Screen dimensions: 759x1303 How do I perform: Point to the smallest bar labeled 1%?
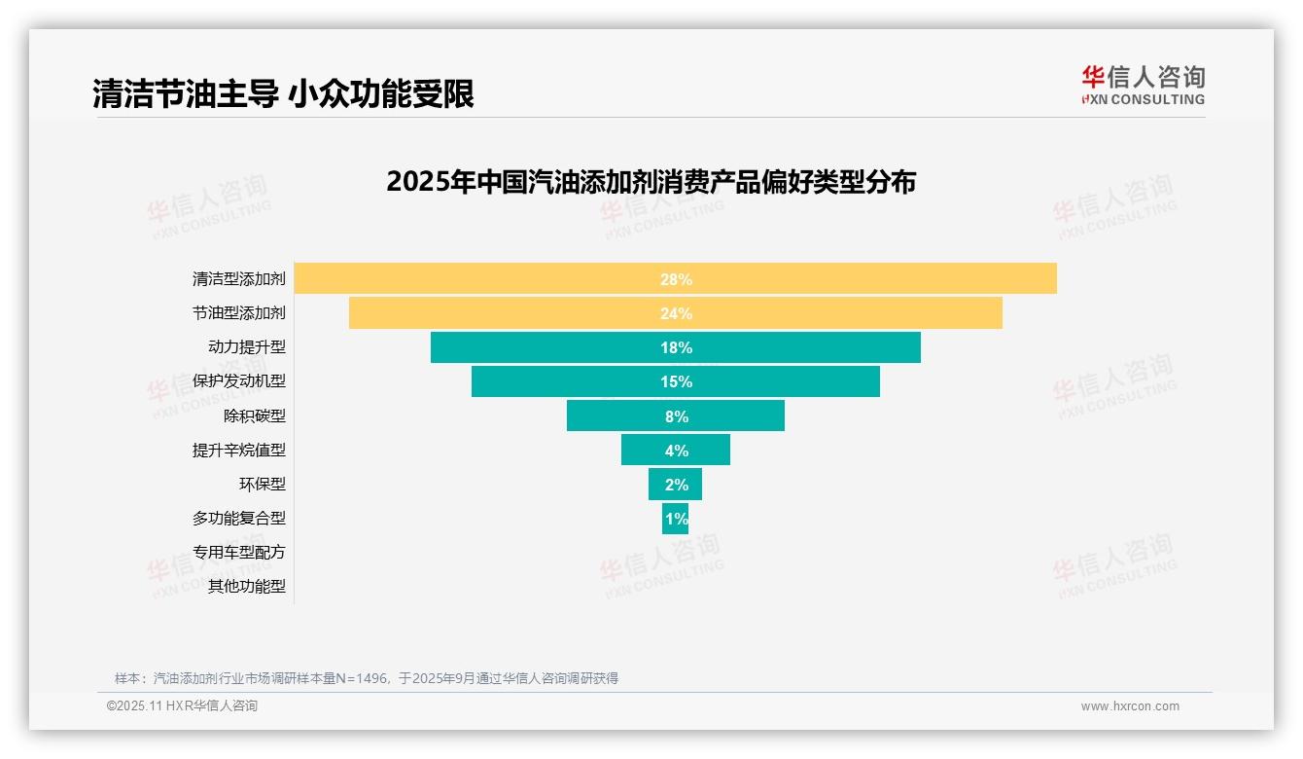[676, 519]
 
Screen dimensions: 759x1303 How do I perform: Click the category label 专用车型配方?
[239, 552]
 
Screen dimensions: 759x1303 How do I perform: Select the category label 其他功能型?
[247, 586]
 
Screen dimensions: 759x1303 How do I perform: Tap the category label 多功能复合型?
[239, 518]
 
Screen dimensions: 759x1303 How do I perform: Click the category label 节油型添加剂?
[239, 313]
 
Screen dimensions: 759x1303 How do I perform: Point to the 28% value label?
[676, 279]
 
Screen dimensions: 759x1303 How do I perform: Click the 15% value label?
[676, 381]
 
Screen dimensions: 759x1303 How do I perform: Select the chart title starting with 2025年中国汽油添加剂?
[651, 182]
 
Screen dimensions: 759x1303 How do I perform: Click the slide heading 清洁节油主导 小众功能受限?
[283, 93]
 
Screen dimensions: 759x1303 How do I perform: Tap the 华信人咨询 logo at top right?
[1143, 85]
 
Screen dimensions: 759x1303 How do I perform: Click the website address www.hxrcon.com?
[1130, 706]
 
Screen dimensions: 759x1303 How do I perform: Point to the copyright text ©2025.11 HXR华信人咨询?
[182, 706]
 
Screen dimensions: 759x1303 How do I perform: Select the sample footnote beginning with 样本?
[367, 678]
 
